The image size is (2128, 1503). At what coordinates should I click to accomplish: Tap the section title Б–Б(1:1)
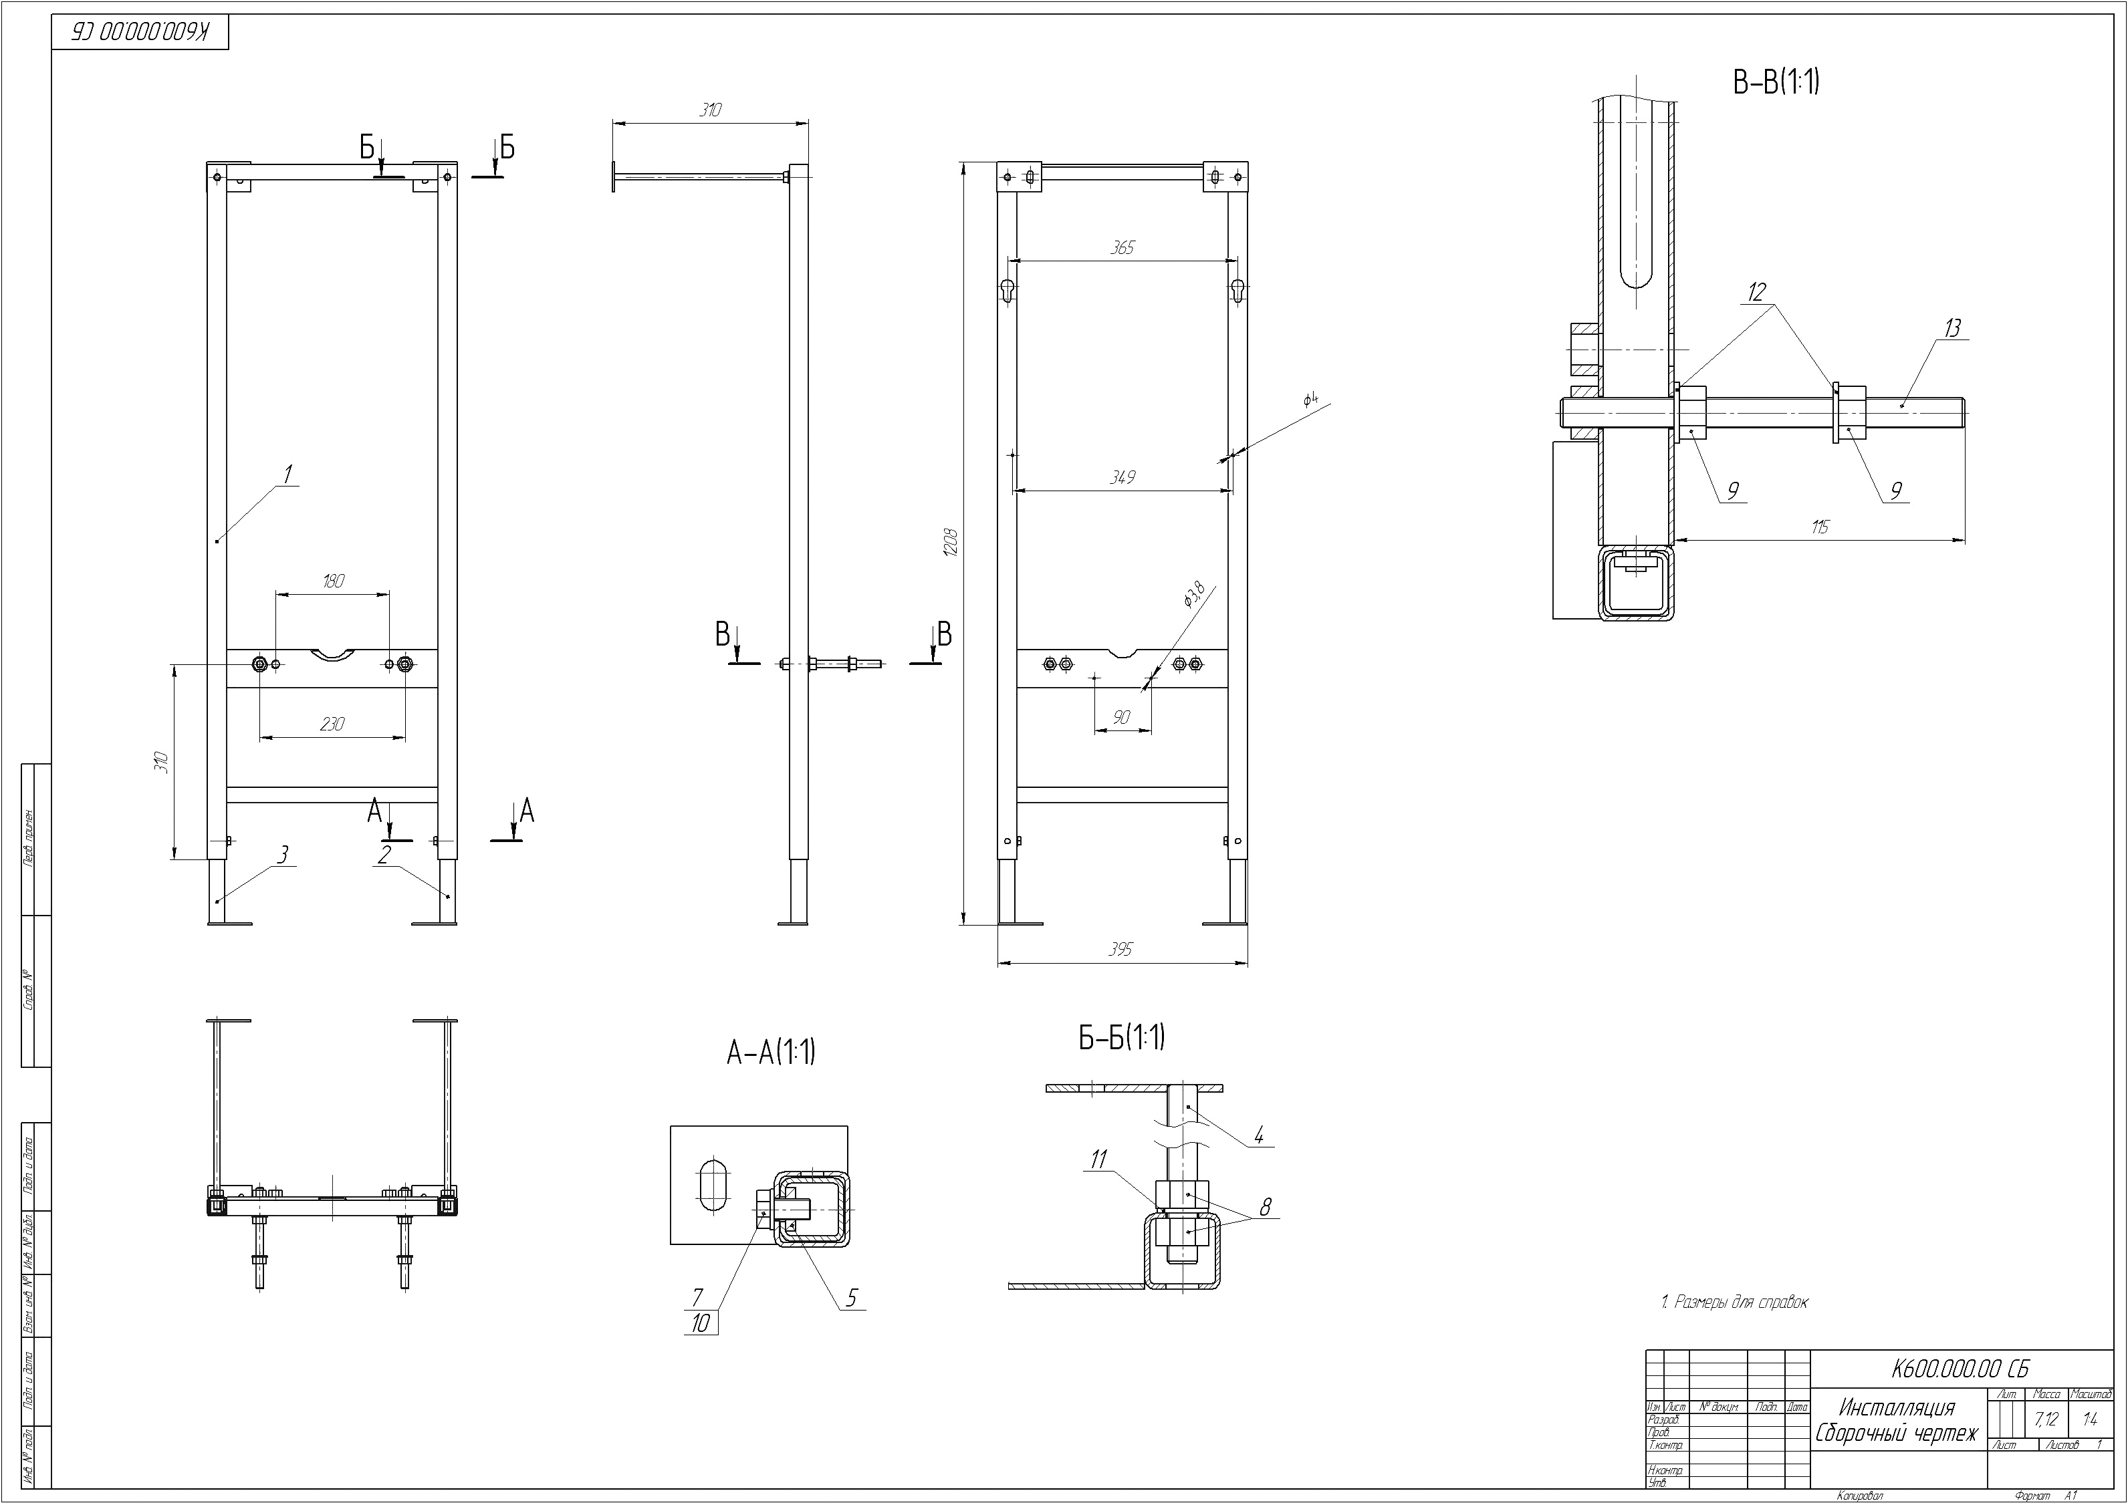(x=1121, y=1037)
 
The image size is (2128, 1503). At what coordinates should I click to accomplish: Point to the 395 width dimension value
(x=1120, y=950)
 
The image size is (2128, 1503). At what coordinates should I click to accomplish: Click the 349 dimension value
(x=1122, y=477)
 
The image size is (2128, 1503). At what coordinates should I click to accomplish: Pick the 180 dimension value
(x=334, y=581)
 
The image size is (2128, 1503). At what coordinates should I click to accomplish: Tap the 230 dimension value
(x=332, y=724)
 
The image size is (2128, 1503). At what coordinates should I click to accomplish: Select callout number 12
(x=1756, y=293)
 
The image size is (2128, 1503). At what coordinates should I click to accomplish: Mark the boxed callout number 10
(x=701, y=1323)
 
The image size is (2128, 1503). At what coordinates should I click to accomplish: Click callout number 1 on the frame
(x=287, y=475)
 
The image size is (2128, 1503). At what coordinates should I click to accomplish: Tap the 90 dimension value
(x=1121, y=717)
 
